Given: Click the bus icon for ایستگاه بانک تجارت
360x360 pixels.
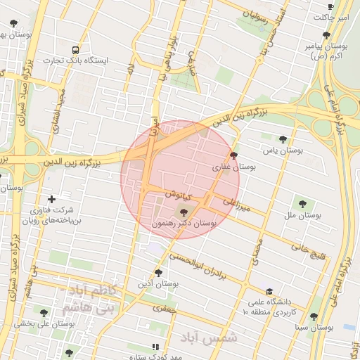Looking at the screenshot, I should click(75, 50).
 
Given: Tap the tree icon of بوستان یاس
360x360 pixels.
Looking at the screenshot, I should click(283, 139).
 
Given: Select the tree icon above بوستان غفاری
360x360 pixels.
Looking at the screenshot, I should click(233, 156).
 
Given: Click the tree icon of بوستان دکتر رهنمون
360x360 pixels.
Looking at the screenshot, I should click(184, 212).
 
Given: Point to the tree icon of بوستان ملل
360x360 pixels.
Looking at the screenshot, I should click(302, 204).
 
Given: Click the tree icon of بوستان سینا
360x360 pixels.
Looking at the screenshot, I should click(314, 317).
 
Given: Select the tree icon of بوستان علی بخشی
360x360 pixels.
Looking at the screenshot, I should click(44, 313).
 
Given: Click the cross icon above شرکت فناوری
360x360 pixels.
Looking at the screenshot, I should click(51, 199).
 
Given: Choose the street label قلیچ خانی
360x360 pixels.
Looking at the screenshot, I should click(310, 252).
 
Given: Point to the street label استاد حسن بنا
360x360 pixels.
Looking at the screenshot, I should click(271, 26).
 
